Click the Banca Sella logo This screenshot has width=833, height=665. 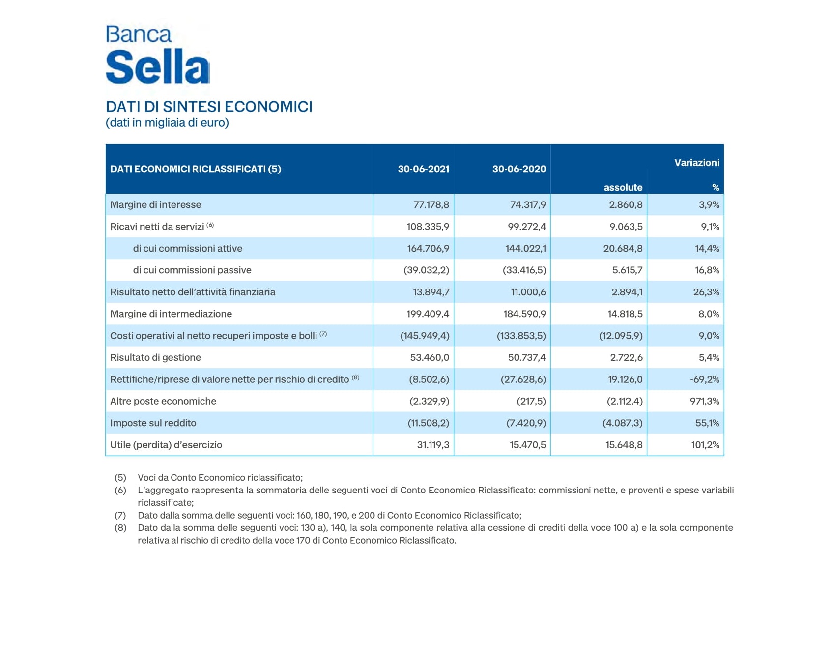click(x=158, y=55)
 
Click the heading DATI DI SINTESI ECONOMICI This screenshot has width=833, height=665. click(x=209, y=107)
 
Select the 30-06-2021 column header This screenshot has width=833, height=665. click(x=423, y=169)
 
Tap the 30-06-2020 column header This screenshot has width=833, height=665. click(x=518, y=169)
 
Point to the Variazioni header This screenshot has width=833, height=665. click(x=696, y=163)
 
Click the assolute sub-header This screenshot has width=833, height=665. click(x=623, y=187)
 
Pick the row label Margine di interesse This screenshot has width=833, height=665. click(x=156, y=205)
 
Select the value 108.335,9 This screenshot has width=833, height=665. click(x=428, y=227)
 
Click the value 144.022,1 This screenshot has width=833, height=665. click(x=525, y=249)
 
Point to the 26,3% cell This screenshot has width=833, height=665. click(x=706, y=292)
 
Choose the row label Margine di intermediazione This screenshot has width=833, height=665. click(x=171, y=314)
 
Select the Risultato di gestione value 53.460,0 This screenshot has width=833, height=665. click(x=430, y=358)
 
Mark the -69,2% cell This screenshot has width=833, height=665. click(x=704, y=379)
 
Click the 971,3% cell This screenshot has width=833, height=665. click(x=704, y=401)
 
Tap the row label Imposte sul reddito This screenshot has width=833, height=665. click(x=153, y=423)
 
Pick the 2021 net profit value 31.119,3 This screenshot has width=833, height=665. click(x=433, y=445)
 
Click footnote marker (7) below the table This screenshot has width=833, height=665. click(x=120, y=515)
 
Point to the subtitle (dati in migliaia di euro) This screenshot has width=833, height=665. click(x=167, y=123)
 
